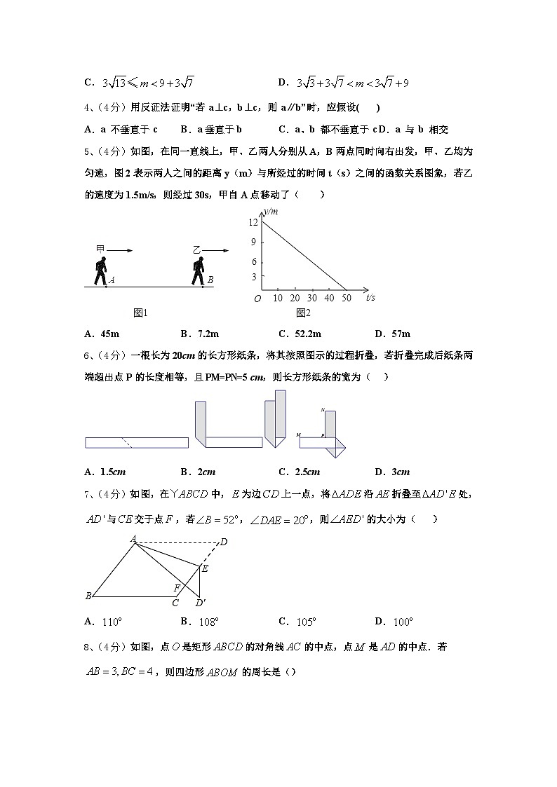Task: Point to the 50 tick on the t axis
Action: [347, 298]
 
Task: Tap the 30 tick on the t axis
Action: [312, 298]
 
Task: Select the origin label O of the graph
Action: [257, 299]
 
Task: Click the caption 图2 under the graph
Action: [303, 313]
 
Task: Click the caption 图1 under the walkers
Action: [140, 313]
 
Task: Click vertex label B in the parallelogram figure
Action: [88, 596]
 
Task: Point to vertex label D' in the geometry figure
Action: [201, 603]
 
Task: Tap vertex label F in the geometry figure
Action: [177, 587]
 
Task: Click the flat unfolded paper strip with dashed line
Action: [137, 442]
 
